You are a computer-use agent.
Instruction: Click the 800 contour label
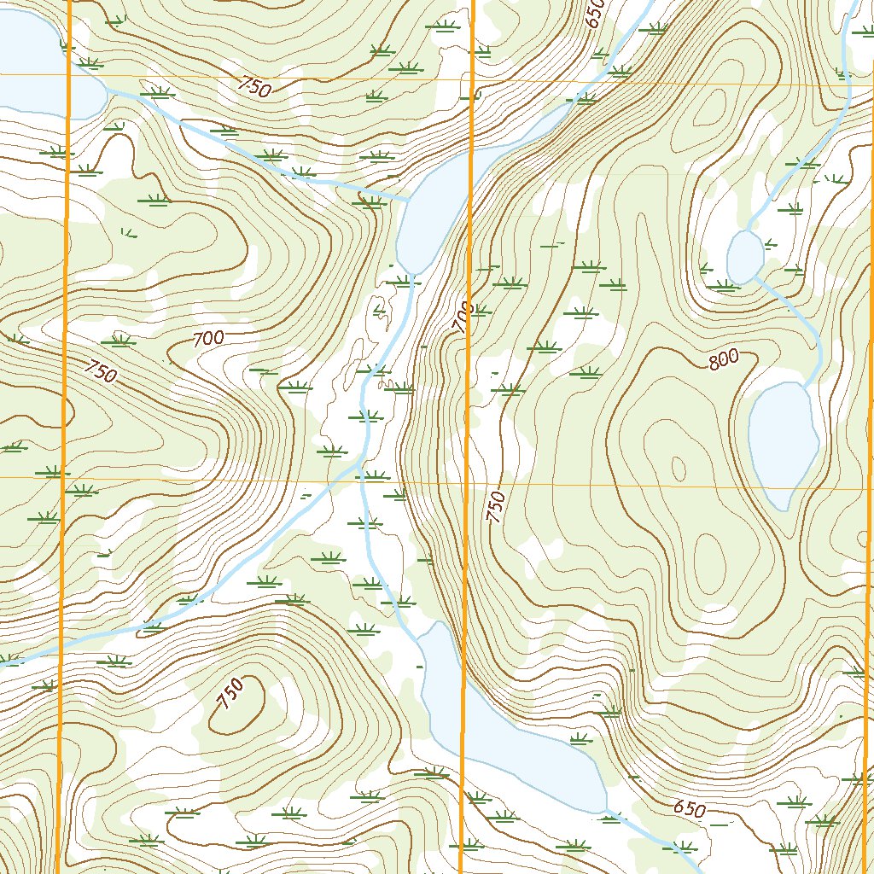pyautogui.click(x=723, y=360)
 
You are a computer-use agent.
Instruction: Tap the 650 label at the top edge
pyautogui.click(x=595, y=14)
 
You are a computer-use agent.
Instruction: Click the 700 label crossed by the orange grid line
pyautogui.click(x=463, y=318)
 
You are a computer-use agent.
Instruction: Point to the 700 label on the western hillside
pyautogui.click(x=208, y=339)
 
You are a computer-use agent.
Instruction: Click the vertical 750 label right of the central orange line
pyautogui.click(x=495, y=507)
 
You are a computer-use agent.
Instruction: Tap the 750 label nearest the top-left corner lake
pyautogui.click(x=255, y=86)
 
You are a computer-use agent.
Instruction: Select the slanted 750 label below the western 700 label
pyautogui.click(x=101, y=370)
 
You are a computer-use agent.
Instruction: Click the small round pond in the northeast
pyautogui.click(x=744, y=256)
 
